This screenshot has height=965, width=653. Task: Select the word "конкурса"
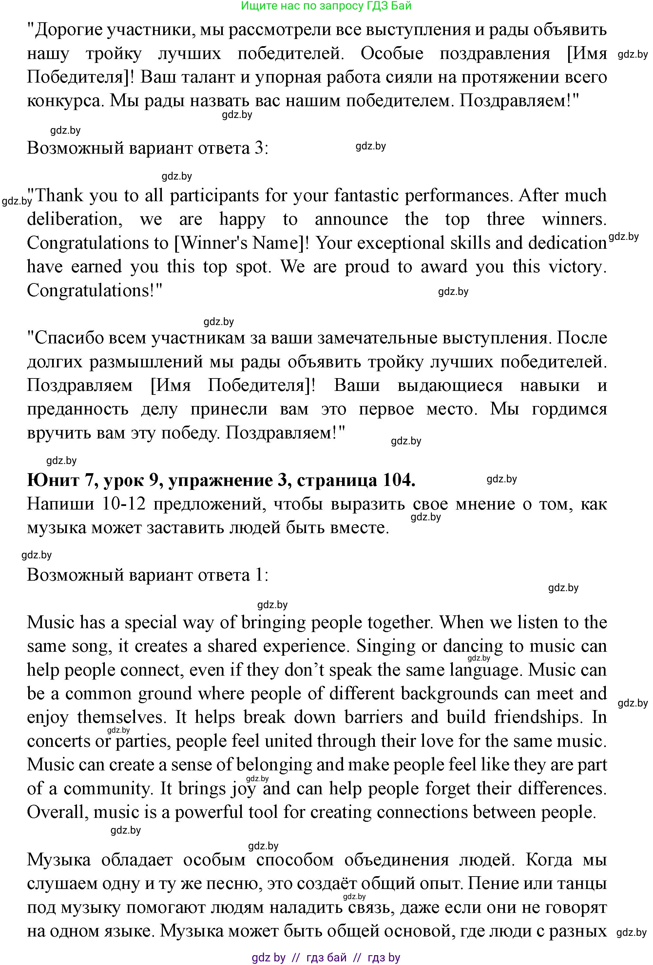tap(64, 101)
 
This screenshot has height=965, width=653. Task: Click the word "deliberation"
tap(74, 219)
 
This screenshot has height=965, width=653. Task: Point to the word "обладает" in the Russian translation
tap(137, 860)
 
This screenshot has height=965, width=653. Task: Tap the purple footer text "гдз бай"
tap(326, 958)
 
